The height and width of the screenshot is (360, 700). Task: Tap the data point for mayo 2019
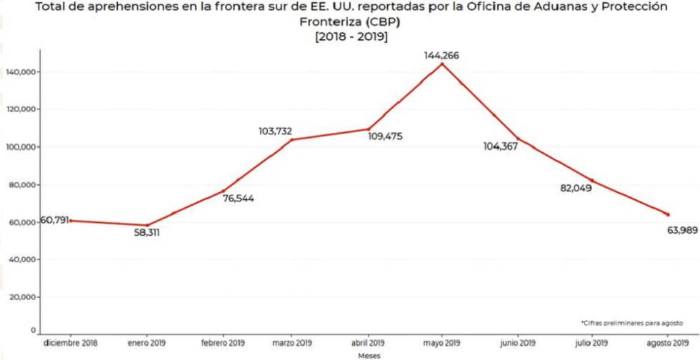coord(442,64)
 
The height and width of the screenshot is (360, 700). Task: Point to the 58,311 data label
coord(146,233)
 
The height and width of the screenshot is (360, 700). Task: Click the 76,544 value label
coord(238,199)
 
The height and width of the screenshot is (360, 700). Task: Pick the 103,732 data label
coord(275,131)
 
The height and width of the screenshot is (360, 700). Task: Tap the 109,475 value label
coord(385,136)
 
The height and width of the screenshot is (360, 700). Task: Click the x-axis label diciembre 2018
coord(71,343)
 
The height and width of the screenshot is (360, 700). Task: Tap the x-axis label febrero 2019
coord(223,343)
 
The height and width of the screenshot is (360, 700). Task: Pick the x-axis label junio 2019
coord(518,343)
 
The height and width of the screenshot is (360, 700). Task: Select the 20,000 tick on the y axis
coord(21,297)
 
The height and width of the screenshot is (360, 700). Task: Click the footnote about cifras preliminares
coord(631,323)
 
